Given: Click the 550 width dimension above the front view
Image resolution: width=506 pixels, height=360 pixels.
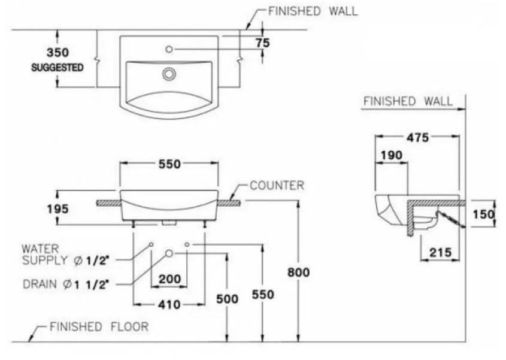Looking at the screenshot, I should coord(169,164).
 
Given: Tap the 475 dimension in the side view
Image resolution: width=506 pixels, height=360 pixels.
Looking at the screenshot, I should coord(417,138).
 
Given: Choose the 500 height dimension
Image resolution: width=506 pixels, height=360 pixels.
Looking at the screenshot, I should coord(229,298).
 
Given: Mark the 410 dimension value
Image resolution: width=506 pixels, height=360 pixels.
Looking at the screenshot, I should coord(169,305).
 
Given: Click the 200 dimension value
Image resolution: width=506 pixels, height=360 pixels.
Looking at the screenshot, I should coord(169,280).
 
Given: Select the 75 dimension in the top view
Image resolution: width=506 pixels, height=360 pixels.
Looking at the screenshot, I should coord(262,43).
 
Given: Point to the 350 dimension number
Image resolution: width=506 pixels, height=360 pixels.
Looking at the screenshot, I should coord(57,53).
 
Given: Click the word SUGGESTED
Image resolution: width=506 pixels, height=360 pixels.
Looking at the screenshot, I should coord(57,68).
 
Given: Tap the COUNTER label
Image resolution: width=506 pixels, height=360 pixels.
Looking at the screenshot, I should coord(277,186).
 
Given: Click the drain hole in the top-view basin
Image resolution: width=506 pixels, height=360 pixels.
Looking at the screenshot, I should coord(169,74).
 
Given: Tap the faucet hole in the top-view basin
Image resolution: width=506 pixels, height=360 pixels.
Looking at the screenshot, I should coord(169,49).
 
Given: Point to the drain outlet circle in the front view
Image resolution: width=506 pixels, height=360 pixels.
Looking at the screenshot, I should coord(169,253).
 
